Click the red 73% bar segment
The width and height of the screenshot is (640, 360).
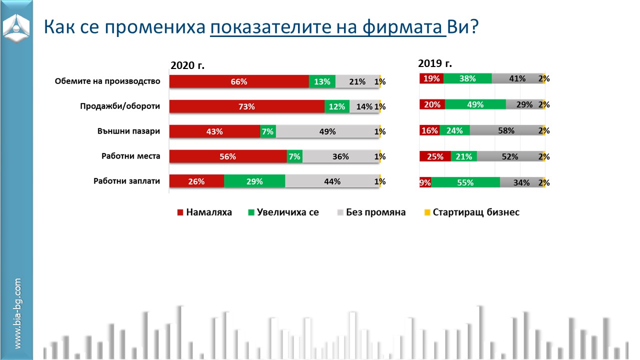tap(247, 106)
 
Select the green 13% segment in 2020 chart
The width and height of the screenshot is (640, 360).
tap(322, 81)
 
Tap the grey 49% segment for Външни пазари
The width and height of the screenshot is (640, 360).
tap(327, 131)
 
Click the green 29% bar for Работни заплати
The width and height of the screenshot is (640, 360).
tap(254, 181)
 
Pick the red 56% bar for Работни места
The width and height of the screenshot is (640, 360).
tap(228, 156)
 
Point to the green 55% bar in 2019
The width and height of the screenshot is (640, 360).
tap(465, 182)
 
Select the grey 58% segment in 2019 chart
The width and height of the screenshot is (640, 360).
tap(506, 130)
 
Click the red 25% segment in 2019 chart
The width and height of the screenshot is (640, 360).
tap(435, 156)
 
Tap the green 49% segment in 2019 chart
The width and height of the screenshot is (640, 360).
tap(475, 104)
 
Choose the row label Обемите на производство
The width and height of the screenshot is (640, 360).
tap(107, 81)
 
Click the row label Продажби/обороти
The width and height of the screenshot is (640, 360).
tap(120, 106)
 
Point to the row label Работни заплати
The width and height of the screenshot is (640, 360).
tap(126, 181)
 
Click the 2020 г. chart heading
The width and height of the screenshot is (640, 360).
tap(187, 65)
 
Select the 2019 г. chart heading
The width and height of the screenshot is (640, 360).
tap(435, 63)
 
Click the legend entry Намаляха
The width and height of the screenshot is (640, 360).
tap(204, 212)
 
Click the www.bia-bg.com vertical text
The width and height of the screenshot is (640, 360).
tap(17, 313)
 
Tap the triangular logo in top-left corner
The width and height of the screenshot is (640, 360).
tap(16, 27)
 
